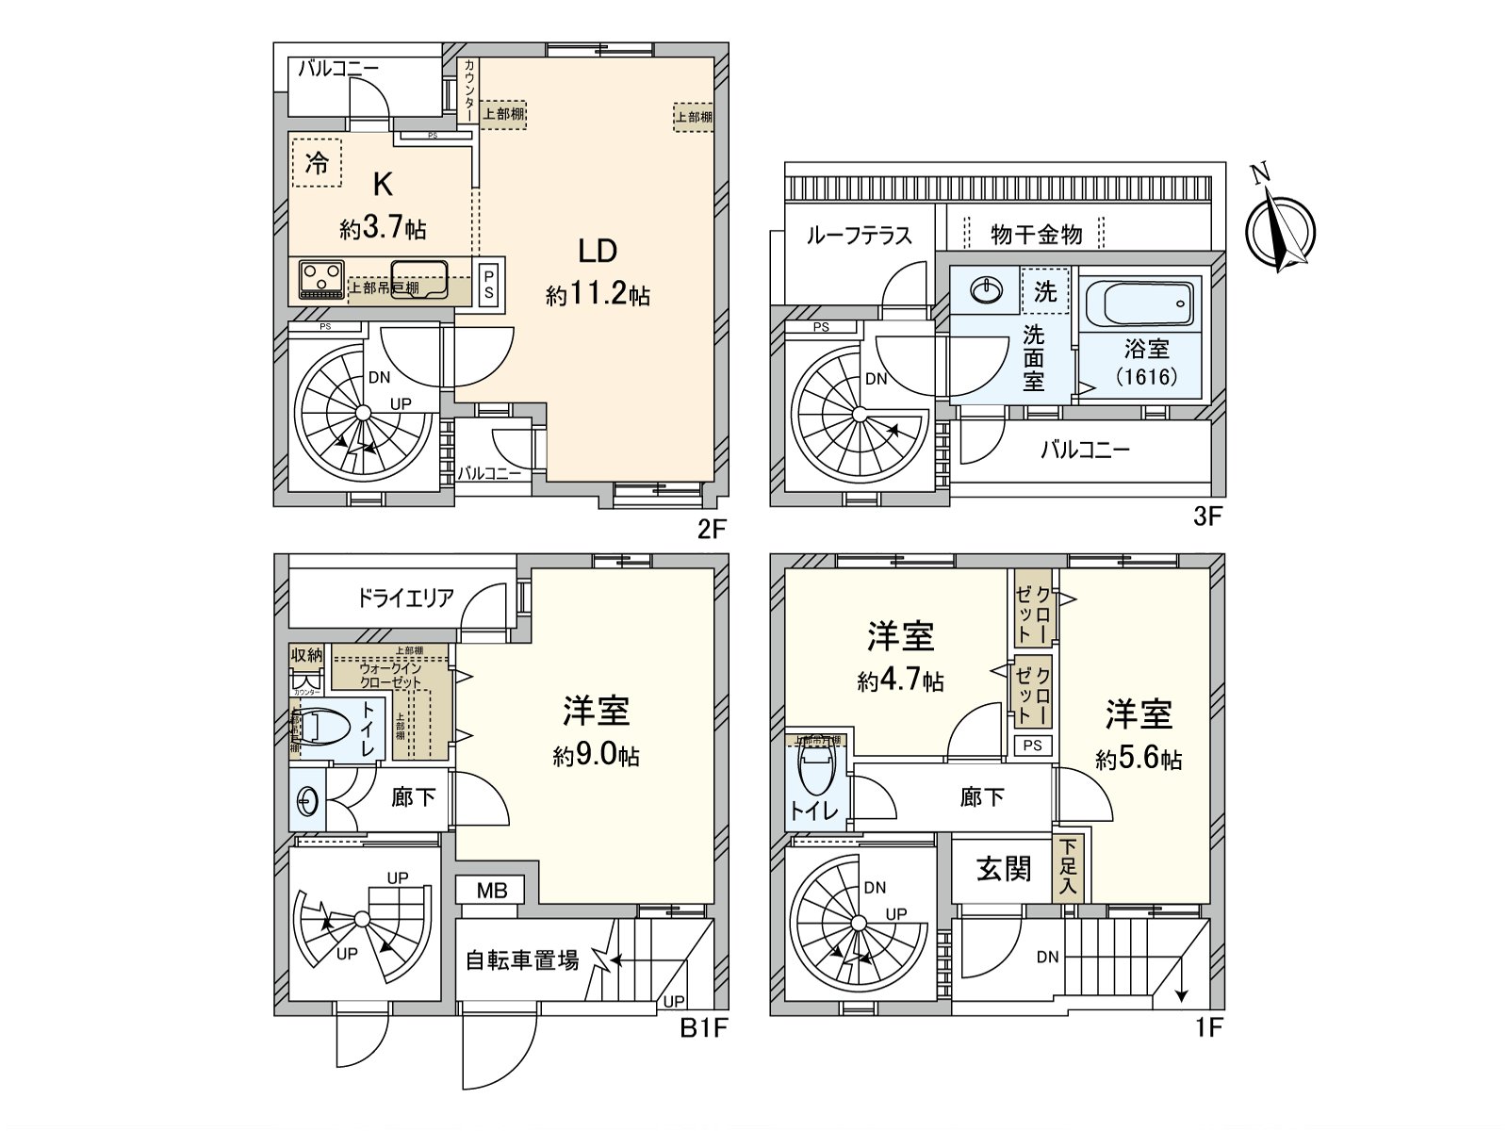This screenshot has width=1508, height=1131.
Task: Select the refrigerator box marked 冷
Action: (317, 164)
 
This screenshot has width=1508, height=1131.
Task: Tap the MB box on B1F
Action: (491, 891)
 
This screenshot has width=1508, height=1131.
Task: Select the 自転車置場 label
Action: (522, 960)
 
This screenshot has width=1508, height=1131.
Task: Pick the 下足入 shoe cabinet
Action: (1068, 868)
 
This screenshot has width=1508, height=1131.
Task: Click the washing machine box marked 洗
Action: (1045, 291)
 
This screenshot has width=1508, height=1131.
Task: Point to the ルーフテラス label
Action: (859, 235)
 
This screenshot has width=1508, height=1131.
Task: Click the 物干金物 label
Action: (1036, 235)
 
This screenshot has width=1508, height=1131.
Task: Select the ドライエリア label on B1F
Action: (405, 598)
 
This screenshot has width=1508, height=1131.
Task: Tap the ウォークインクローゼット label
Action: (390, 675)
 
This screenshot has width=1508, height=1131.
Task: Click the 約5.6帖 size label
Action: (1139, 760)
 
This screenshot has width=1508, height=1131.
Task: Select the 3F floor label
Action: (1207, 516)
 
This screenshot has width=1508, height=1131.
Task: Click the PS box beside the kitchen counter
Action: (488, 284)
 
